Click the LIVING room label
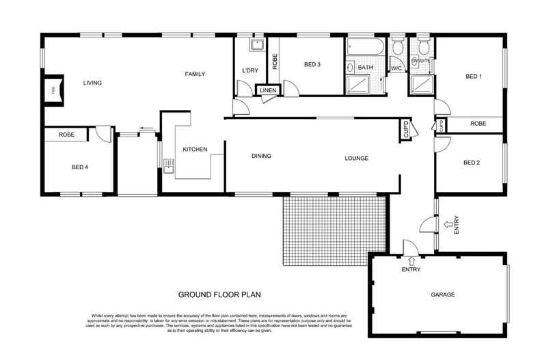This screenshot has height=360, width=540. tap(92, 83)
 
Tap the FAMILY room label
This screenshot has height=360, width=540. tap(194, 74)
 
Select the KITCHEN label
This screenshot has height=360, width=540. tap(195, 150)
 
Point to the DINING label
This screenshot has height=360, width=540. tap(261, 156)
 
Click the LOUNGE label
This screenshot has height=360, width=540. tap(356, 158)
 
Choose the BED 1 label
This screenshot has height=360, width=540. tap(474, 76)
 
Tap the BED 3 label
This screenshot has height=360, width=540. tap(312, 65)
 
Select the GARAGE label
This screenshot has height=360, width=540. tap(442, 294)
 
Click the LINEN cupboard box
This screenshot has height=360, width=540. tap(267, 90)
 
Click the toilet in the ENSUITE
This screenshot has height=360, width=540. tap(423, 46)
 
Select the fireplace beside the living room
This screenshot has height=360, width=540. tap(53, 89)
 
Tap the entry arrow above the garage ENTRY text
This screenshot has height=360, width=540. tap(411, 260)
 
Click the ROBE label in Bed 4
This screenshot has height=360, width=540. tap(66, 135)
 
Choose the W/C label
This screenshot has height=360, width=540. tap(395, 69)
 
